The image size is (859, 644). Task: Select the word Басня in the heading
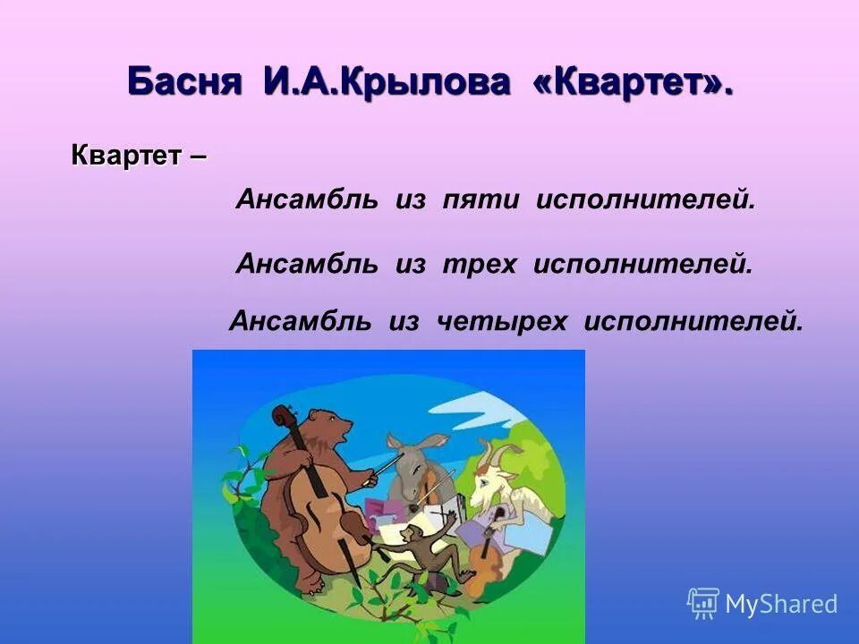click(x=184, y=82)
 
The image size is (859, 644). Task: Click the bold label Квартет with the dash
click(x=139, y=155)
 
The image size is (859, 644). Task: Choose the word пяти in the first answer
click(x=481, y=200)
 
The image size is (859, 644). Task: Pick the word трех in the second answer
click(x=479, y=264)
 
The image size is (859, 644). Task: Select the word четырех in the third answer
click(x=502, y=320)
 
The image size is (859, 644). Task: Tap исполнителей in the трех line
click(x=642, y=264)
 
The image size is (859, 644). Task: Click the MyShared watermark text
click(x=780, y=605)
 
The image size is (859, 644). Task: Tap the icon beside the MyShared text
click(x=703, y=604)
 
